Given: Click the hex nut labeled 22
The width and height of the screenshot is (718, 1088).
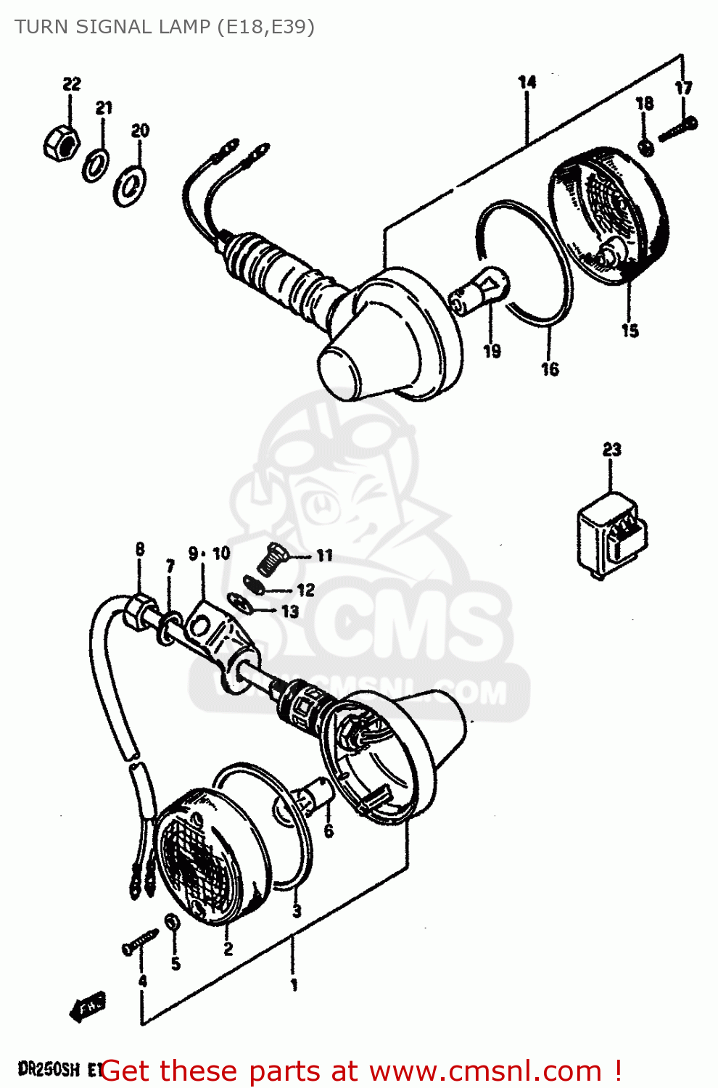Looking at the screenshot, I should pos(60,141).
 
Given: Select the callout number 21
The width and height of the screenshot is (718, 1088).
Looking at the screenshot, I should pos(104,108).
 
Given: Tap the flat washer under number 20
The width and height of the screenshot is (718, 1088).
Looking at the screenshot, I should pos(129,185).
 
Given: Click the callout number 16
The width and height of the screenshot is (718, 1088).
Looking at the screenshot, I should pos(550,369).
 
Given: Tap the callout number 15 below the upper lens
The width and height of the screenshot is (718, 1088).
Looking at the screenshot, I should pos(630,331).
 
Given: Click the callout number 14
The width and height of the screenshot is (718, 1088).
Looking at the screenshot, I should pos(527,82).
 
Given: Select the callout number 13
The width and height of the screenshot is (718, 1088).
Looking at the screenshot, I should pos(290,611).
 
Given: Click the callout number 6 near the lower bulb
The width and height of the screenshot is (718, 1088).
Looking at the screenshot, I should pos(329,831).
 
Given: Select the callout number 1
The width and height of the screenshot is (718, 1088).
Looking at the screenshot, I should pos(294,985).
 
